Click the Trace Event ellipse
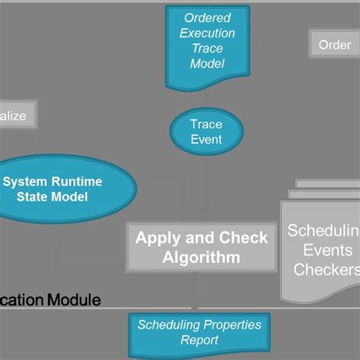[206, 131]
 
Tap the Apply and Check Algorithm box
[201, 247]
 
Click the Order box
[334, 44]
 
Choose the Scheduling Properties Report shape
[199, 333]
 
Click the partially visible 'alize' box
[15, 116]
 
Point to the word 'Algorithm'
[201, 257]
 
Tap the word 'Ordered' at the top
[207, 17]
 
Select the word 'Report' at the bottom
[199, 341]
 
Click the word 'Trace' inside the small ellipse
[206, 124]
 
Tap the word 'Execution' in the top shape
[207, 33]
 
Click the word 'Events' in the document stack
[327, 250]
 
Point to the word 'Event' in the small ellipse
[206, 139]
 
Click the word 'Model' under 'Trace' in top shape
[207, 63]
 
